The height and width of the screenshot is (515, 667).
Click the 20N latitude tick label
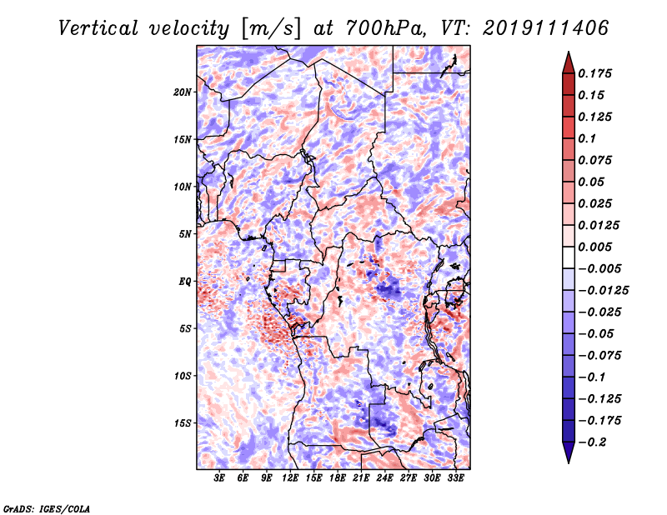[183, 92]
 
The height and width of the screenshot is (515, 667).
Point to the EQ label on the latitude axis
[185, 282]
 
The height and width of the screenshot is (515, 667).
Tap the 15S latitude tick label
[183, 423]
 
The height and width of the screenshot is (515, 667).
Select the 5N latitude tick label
[185, 234]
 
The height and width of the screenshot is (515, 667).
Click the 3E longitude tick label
[219, 478]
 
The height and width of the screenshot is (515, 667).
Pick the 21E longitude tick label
[361, 478]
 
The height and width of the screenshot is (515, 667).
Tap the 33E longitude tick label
[455, 478]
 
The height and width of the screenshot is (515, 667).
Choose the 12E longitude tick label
[289, 478]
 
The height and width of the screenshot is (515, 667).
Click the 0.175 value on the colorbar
[594, 73]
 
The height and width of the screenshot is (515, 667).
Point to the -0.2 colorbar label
[592, 442]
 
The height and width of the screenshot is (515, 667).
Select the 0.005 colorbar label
[594, 247]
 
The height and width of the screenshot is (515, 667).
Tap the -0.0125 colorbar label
[603, 291]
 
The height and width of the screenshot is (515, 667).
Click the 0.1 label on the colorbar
[587, 138]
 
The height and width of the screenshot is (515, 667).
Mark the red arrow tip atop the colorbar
[569, 52]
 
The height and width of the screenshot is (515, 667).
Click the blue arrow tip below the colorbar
[569, 462]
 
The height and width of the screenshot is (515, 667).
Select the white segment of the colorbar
[569, 257]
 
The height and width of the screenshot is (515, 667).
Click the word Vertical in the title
[98, 28]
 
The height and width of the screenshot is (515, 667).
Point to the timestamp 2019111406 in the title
[546, 28]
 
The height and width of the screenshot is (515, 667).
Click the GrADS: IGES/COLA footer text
[47, 508]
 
